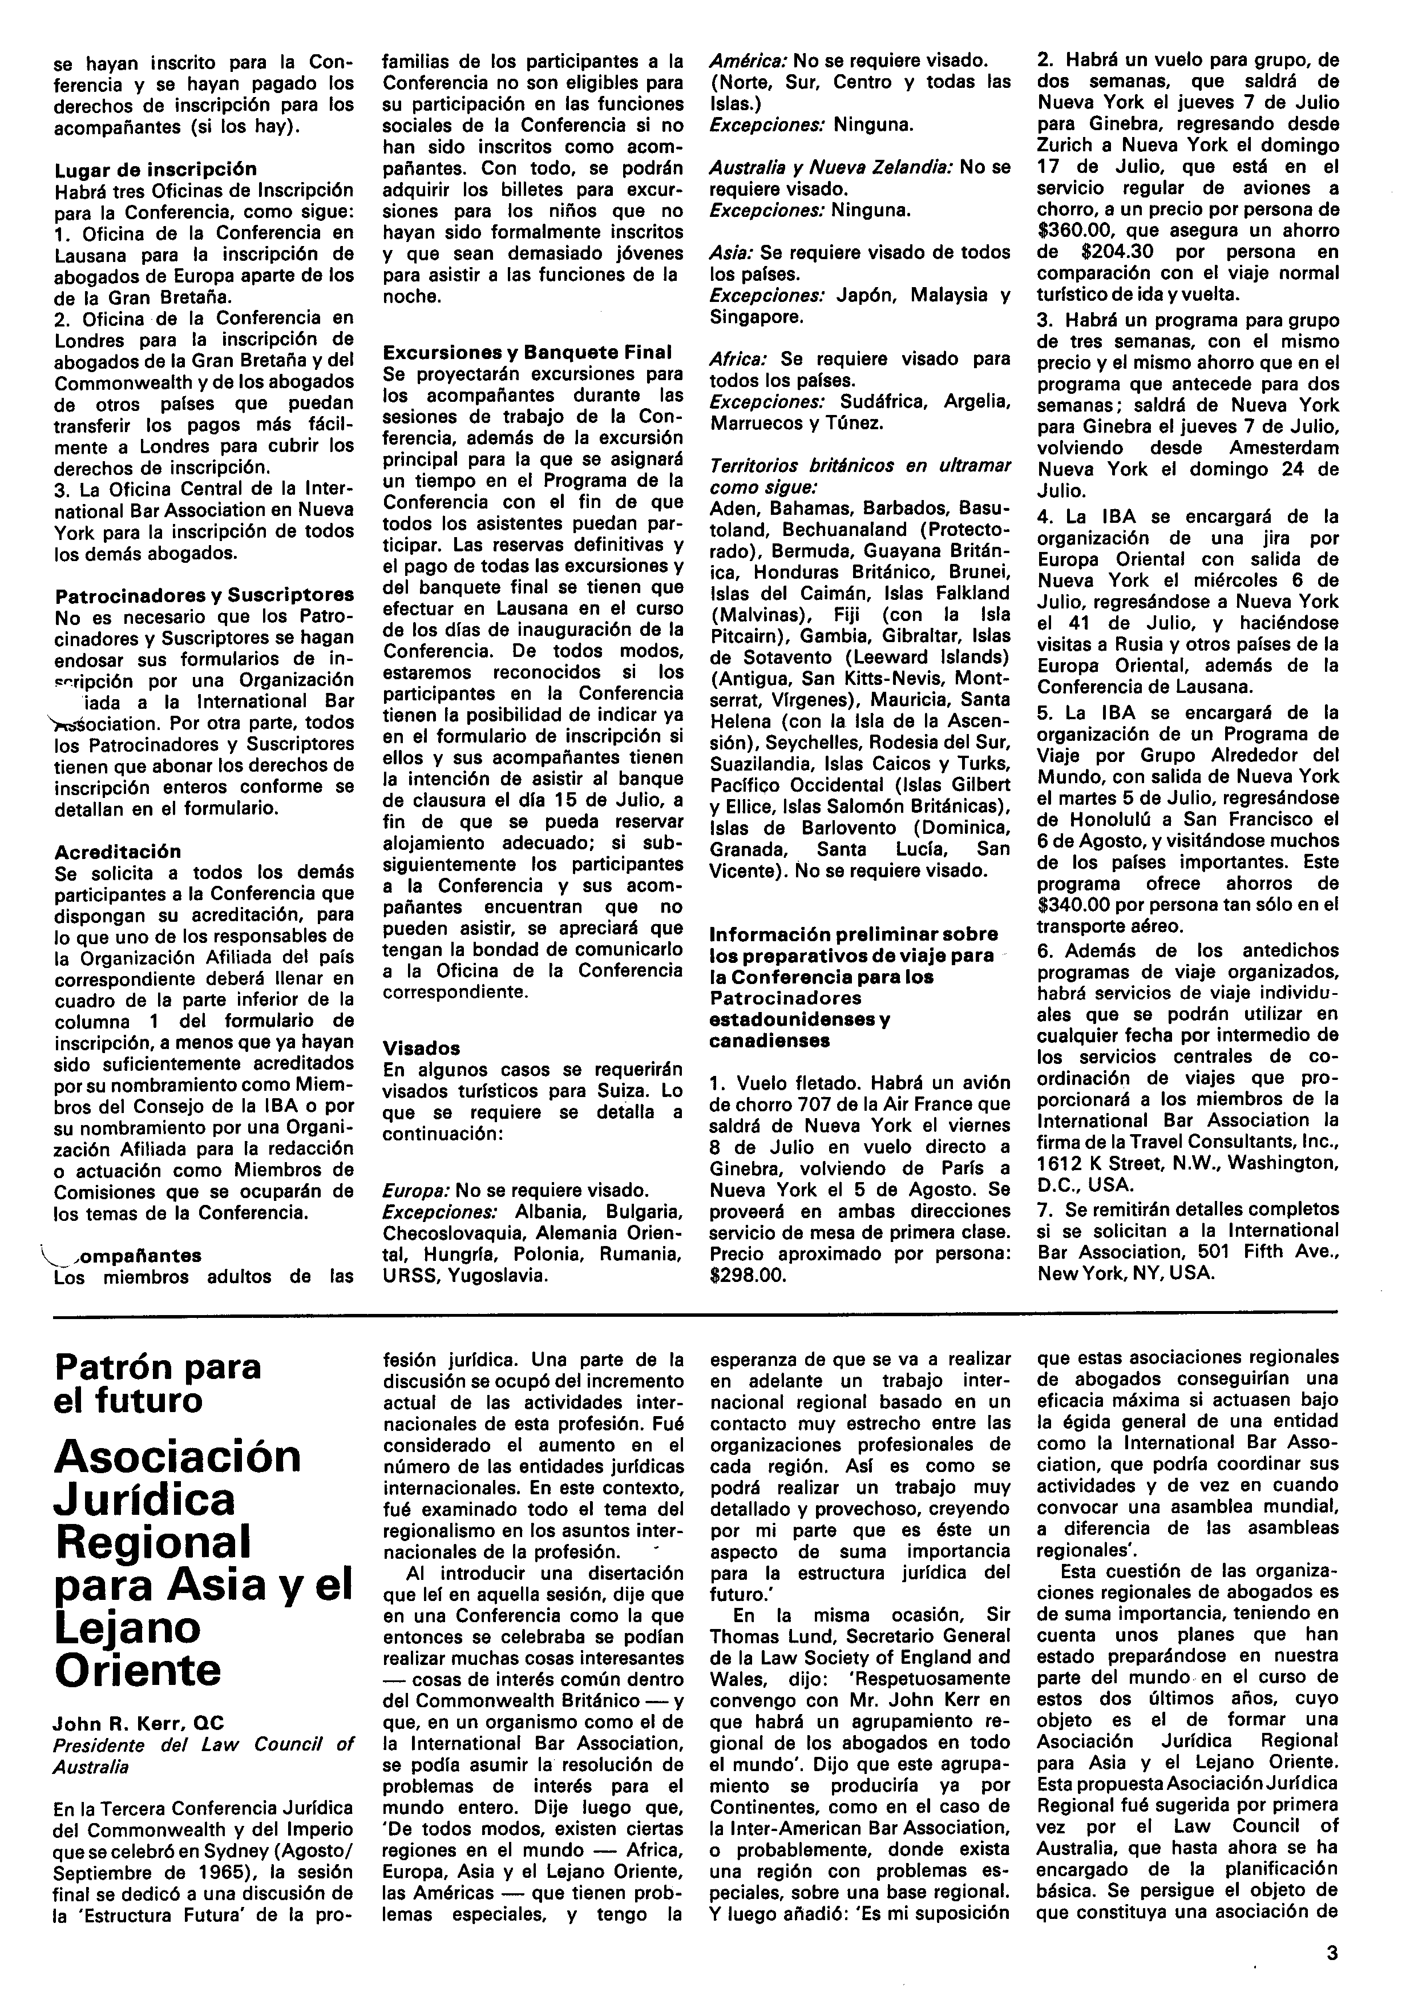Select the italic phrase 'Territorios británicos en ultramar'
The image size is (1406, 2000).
859,465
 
